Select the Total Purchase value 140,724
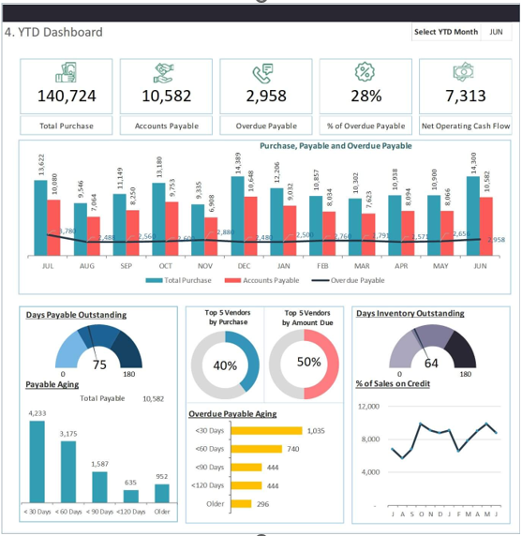[67, 96]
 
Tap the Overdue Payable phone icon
[265, 72]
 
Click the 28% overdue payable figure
[365, 96]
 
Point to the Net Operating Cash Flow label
[465, 126]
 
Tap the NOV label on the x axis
[205, 266]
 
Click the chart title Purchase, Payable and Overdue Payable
[336, 146]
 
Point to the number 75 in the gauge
[99, 365]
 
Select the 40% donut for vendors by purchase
[225, 365]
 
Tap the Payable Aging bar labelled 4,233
[37, 461]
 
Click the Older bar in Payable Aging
[161, 493]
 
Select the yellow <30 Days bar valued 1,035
[266, 430]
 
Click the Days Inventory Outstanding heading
[410, 313]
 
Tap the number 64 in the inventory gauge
[432, 364]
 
